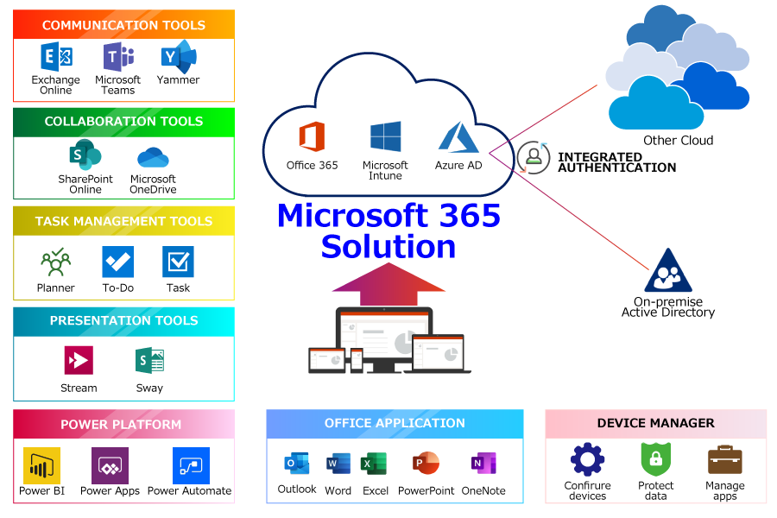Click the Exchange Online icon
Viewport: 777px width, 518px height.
pyautogui.click(x=56, y=58)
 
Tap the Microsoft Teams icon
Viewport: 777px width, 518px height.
pyautogui.click(x=117, y=58)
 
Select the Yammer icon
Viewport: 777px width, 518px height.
pyautogui.click(x=179, y=57)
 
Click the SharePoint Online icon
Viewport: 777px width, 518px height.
pyautogui.click(x=85, y=156)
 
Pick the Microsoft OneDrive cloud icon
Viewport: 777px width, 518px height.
pyautogui.click(x=153, y=158)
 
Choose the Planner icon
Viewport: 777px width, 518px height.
pyautogui.click(x=55, y=262)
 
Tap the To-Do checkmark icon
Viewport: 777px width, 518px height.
pyautogui.click(x=117, y=262)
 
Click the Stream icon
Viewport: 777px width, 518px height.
pyautogui.click(x=79, y=360)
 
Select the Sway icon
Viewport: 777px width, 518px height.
pyautogui.click(x=149, y=360)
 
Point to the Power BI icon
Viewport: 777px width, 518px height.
pyautogui.click(x=41, y=465)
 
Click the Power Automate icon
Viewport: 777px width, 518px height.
pyautogui.click(x=190, y=465)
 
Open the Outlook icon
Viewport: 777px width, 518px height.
pyautogui.click(x=296, y=464)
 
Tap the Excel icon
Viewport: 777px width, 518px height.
pyautogui.click(x=375, y=464)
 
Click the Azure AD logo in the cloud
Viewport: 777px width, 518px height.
pyautogui.click(x=458, y=139)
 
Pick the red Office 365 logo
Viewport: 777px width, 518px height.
pyautogui.click(x=312, y=138)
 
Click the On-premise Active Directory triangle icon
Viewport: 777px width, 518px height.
pyautogui.click(x=667, y=271)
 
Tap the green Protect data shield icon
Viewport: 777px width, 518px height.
pyautogui.click(x=655, y=459)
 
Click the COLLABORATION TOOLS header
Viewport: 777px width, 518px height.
pyautogui.click(x=123, y=122)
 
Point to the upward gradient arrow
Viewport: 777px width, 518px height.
pyautogui.click(x=388, y=285)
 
